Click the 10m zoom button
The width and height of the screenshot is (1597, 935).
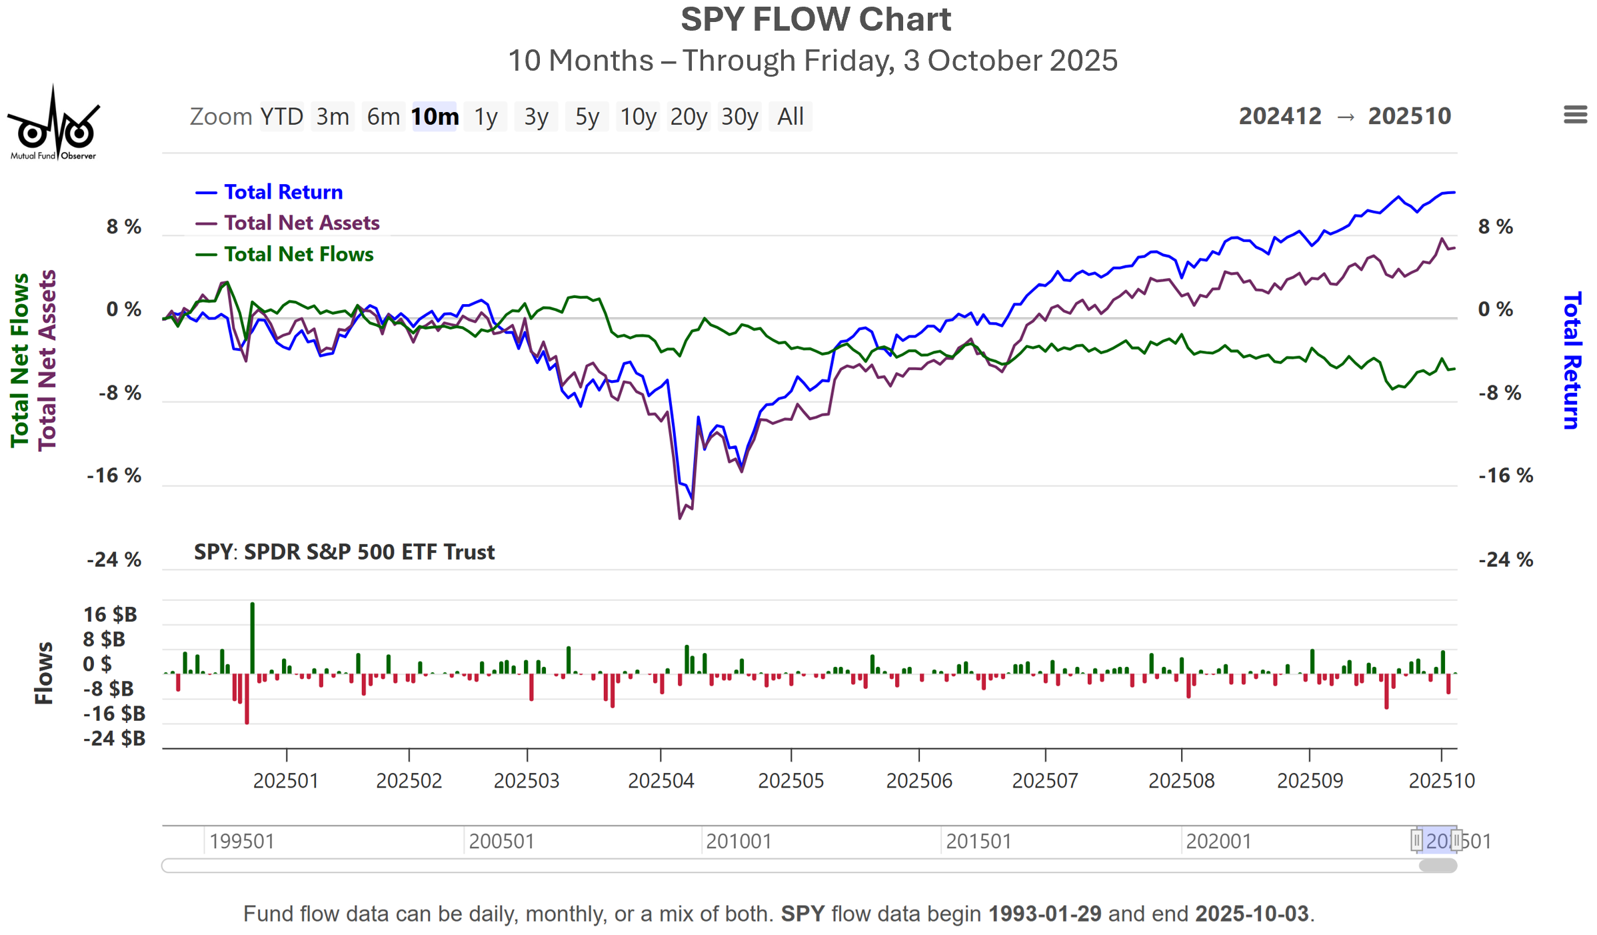tap(435, 117)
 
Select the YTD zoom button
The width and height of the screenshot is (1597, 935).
tap(281, 117)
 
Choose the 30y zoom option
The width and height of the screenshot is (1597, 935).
tap(739, 117)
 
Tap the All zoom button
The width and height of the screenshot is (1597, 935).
tap(791, 117)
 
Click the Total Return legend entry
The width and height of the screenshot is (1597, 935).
tap(283, 192)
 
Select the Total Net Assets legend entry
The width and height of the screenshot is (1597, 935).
tap(301, 223)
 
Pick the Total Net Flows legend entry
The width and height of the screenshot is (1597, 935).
tap(298, 254)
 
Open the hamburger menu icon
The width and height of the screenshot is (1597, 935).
tap(1575, 115)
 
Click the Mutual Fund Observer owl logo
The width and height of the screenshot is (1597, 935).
tap(53, 125)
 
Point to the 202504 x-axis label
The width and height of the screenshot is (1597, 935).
tap(661, 780)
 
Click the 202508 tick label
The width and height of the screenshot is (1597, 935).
tap(1181, 780)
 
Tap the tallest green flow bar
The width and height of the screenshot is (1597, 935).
tap(253, 637)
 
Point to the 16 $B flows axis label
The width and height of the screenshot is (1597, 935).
tap(110, 614)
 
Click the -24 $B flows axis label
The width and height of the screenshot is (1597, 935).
tap(114, 738)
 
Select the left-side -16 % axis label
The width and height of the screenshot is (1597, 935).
tap(114, 476)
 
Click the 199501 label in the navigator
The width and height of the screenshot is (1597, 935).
tap(241, 841)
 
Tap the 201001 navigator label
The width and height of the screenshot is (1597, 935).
tap(739, 841)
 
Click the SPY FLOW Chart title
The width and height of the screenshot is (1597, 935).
tap(815, 19)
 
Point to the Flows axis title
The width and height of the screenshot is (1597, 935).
tap(44, 673)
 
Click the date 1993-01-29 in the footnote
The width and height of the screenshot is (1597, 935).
tap(1044, 914)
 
